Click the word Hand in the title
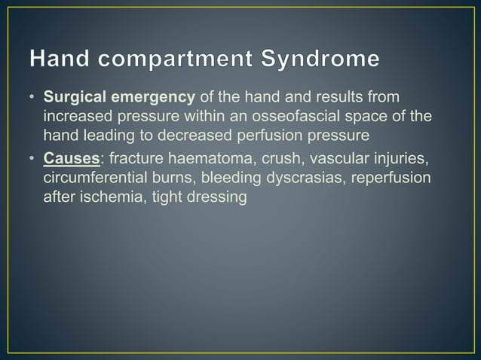click(x=60, y=59)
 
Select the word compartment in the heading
click(x=173, y=59)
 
